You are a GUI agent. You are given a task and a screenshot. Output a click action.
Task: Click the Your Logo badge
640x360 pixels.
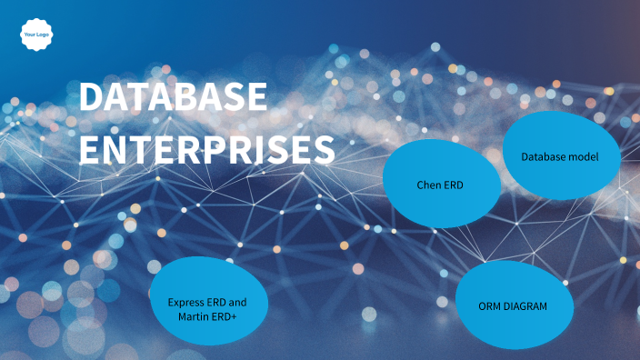click(x=35, y=35)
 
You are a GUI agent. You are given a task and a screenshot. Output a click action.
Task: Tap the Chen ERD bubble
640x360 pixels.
click(x=441, y=184)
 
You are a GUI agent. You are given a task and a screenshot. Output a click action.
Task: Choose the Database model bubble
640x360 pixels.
click(x=558, y=157)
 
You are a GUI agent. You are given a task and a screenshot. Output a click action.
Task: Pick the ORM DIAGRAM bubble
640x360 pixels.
click(x=513, y=305)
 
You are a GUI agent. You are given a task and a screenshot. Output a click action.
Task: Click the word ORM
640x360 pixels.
click(x=489, y=306)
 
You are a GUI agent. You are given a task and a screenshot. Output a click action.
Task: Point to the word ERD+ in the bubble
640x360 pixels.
click(x=225, y=315)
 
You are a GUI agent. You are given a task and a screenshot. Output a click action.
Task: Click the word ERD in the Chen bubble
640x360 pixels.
click(x=454, y=185)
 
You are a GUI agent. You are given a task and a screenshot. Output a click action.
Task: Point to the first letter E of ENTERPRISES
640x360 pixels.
click(x=90, y=150)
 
